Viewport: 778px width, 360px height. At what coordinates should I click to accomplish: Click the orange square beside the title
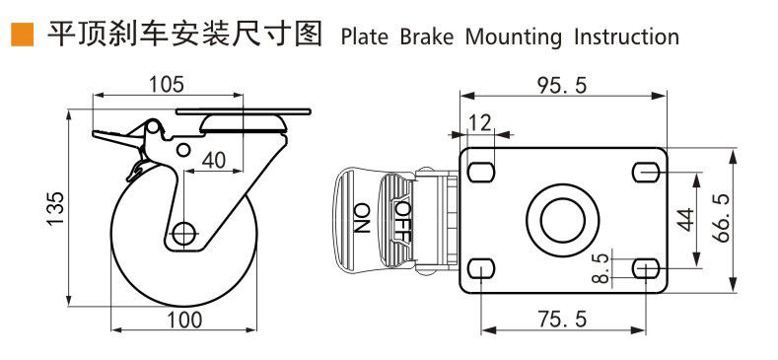tap(23, 35)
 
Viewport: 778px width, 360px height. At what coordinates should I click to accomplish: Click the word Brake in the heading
tap(427, 37)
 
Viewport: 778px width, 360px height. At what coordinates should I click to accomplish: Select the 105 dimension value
tap(168, 85)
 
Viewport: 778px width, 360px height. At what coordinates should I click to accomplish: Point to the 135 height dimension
tap(55, 208)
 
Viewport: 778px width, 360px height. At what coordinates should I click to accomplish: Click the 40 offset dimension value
tap(213, 160)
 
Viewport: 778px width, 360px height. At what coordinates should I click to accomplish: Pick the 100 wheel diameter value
tap(183, 320)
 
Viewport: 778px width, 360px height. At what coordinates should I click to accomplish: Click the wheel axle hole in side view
tap(184, 232)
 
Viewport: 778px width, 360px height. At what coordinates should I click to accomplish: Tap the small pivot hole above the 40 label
tap(183, 150)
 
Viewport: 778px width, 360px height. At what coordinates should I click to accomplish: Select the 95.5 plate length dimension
tap(562, 86)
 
